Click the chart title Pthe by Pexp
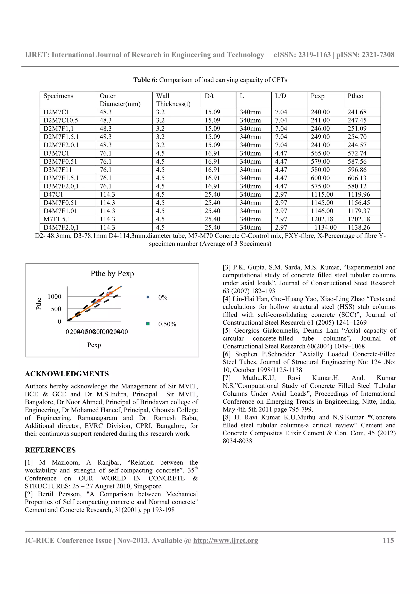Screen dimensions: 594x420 112,274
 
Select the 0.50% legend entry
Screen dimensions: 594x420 167,324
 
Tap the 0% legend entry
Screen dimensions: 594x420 163,298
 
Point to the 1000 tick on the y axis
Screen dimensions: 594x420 54,296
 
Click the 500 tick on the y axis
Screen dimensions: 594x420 56,309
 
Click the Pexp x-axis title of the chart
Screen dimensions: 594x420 94,345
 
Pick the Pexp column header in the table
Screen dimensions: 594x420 317,96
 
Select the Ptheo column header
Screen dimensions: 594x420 355,96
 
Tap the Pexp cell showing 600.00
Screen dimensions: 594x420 320,178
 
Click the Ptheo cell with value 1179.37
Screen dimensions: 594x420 359,211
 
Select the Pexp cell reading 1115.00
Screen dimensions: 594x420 322,194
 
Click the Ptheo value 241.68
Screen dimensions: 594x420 357,112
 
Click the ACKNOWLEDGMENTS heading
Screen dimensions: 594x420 67,374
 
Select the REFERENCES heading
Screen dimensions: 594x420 50,450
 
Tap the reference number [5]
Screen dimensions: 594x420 227,331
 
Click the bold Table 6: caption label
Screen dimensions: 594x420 145,80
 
